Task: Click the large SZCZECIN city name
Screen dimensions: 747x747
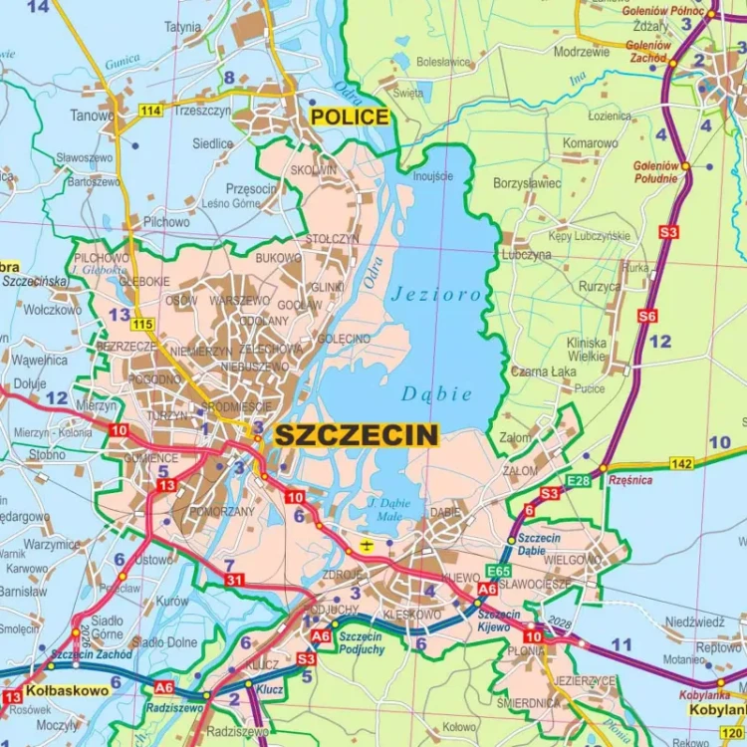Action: tap(356, 434)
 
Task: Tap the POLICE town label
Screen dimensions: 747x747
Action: tap(349, 118)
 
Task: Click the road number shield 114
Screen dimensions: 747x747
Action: tap(150, 110)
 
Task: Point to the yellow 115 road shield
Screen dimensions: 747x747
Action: tap(142, 324)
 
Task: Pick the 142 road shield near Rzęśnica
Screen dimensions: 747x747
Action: tap(681, 463)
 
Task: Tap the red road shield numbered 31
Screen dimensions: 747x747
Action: tap(233, 580)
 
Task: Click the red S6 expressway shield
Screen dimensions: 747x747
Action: tap(647, 316)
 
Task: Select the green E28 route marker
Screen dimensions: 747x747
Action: tap(578, 481)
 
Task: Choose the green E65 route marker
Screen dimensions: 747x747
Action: tap(498, 571)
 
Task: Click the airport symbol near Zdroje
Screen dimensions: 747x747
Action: tap(367, 544)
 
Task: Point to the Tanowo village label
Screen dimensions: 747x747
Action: tap(92, 115)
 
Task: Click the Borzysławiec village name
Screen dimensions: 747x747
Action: tap(527, 183)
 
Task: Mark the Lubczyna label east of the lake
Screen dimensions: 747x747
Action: tap(527, 255)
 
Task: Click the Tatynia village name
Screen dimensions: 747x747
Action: tap(182, 27)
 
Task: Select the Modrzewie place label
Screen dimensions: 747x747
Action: tap(581, 51)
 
